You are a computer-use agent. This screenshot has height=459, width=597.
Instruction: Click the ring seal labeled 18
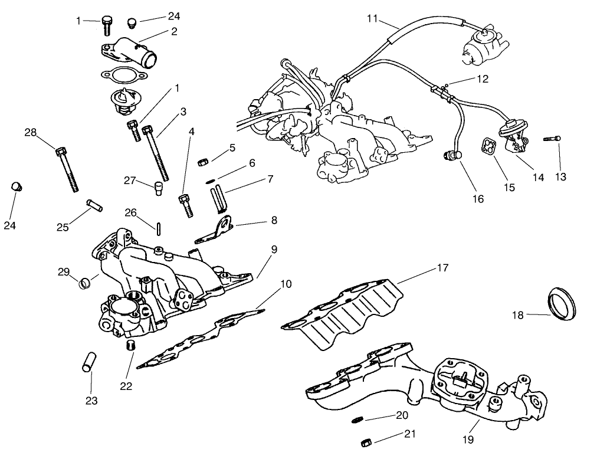(562, 301)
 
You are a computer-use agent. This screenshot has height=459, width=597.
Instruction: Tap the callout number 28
(30, 133)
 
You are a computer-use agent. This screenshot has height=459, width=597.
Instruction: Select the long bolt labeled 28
(67, 169)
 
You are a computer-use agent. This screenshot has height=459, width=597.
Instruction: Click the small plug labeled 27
(158, 189)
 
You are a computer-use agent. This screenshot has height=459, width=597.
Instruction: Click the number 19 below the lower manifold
(467, 439)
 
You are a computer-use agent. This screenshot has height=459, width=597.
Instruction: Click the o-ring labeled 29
(85, 283)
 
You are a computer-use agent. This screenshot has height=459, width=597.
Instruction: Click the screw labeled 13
(552, 139)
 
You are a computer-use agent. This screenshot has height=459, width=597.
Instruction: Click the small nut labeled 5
(201, 161)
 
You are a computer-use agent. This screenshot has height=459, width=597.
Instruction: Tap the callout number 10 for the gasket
(286, 284)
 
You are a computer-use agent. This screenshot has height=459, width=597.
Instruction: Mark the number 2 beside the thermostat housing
(174, 32)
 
